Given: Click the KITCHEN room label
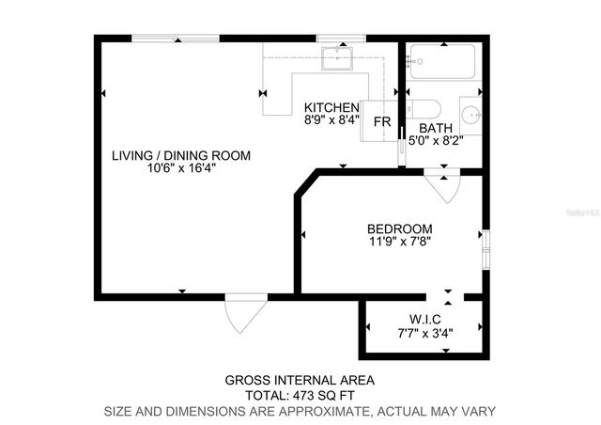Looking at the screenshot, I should coord(331,107).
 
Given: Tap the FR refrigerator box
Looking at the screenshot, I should coord(382,122).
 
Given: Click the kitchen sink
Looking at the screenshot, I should coord(335,58).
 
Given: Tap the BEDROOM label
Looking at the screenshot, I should coord(399,228).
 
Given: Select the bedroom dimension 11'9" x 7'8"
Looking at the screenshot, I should coord(399,242).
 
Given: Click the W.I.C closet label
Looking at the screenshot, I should coord(424,318).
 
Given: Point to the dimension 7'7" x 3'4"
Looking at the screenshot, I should coord(424,331).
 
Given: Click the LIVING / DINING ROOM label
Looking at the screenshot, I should coord(180,155).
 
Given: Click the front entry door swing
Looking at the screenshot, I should coord(239,313).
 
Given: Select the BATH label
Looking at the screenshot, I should coord(436,129).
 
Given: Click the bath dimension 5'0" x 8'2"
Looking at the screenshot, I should coord(436,142).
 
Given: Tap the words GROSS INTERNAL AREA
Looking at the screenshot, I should coord(300,381).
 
